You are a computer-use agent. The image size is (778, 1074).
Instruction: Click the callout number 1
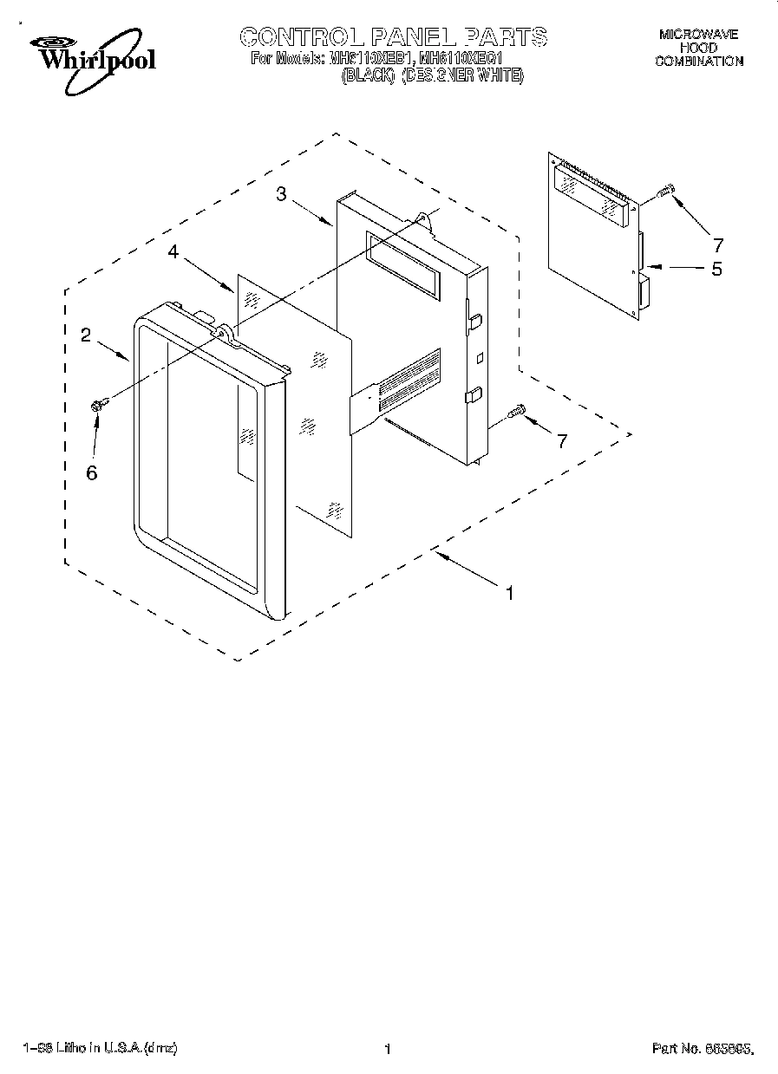[x=510, y=593]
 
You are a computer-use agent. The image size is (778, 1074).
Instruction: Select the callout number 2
[x=86, y=335]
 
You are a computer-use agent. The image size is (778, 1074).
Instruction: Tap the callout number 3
[x=282, y=194]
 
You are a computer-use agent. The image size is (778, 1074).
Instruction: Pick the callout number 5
[x=716, y=269]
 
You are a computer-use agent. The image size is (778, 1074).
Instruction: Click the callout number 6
[x=92, y=472]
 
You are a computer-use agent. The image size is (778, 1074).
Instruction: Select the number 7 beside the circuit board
[x=716, y=244]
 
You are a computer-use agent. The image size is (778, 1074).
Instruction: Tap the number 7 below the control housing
[x=562, y=441]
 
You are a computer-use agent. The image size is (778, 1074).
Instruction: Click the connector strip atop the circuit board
[x=598, y=179]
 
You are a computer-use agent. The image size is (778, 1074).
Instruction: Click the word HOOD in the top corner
[x=698, y=49]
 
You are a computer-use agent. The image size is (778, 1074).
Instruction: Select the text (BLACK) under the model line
[x=368, y=76]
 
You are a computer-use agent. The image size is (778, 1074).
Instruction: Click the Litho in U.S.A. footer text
[x=102, y=1049]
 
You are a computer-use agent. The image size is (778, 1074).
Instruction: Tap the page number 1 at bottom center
[x=388, y=1049]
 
